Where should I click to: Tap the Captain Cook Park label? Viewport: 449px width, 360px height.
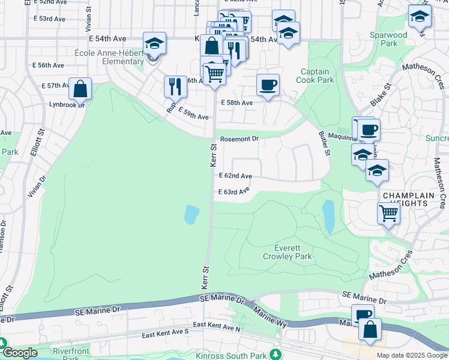(x=316, y=76)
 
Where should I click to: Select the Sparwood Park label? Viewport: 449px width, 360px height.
(x=388, y=39)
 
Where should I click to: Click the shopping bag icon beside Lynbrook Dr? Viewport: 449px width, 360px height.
(x=80, y=89)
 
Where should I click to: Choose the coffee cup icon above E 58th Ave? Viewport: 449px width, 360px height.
(x=268, y=85)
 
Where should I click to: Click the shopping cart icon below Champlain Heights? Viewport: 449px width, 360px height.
(x=389, y=212)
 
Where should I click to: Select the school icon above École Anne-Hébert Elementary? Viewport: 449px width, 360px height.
(x=154, y=43)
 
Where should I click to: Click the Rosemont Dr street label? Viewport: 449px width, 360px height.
(x=239, y=139)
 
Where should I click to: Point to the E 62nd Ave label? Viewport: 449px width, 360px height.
(x=235, y=176)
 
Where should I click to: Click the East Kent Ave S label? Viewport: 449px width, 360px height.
(x=165, y=331)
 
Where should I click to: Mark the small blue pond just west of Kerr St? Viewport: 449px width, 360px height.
(x=191, y=214)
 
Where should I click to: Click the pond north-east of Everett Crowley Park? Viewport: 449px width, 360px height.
(x=328, y=217)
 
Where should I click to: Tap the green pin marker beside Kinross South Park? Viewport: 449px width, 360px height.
(x=276, y=353)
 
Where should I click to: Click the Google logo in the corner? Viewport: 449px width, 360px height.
(x=20, y=353)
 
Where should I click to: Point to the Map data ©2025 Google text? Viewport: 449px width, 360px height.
(x=411, y=355)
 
